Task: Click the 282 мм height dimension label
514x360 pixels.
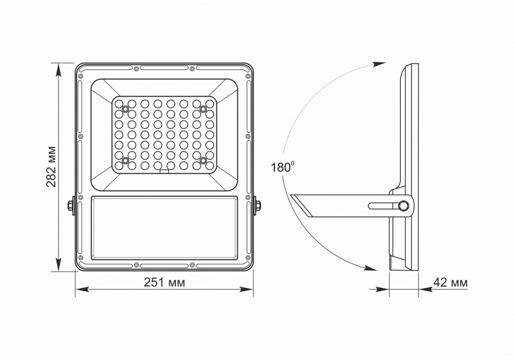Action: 51,166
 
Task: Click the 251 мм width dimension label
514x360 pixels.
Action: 164,282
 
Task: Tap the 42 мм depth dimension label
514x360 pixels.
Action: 450,282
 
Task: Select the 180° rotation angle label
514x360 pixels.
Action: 281,167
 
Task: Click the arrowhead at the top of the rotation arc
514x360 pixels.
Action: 380,64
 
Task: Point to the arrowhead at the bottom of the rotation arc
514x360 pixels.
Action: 371,268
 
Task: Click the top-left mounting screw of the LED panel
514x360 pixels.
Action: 125,108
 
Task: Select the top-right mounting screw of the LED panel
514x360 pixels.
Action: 203,108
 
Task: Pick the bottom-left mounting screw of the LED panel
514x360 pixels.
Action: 125,160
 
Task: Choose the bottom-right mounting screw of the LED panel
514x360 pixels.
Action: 203,160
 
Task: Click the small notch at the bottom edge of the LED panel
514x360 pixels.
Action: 164,172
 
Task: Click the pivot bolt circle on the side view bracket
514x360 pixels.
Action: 403,206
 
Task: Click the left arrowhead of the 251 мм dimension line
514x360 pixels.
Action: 82,289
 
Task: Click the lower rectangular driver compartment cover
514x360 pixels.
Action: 164,228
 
